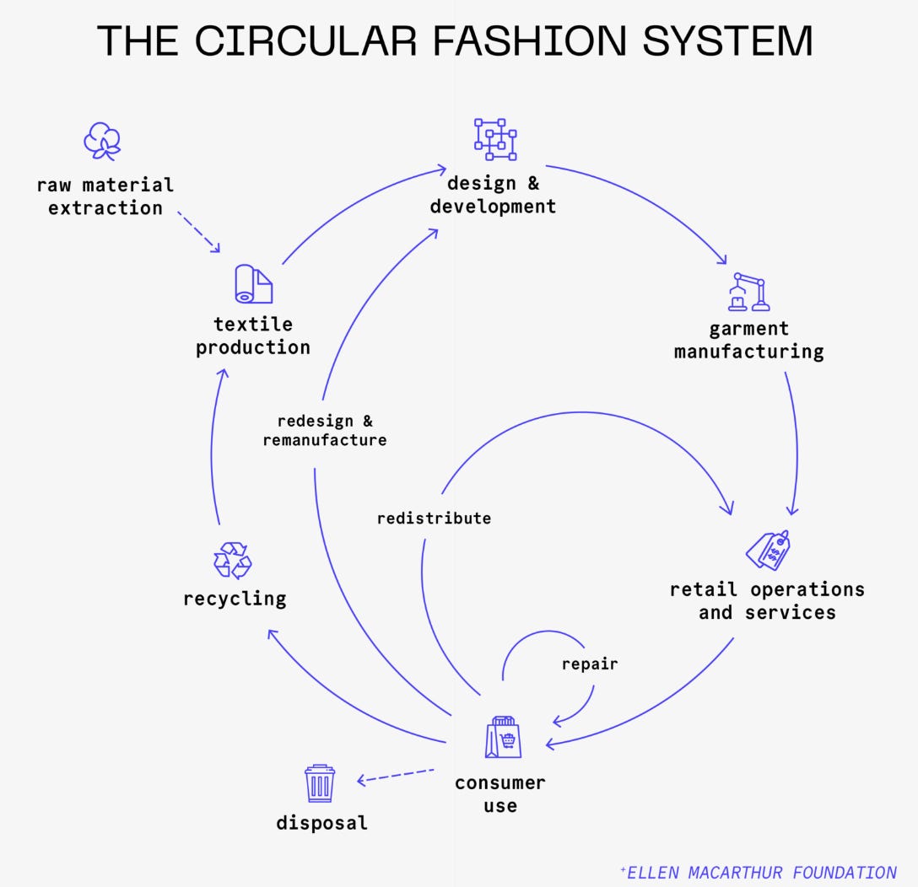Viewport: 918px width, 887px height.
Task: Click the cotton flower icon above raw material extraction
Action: point(102,142)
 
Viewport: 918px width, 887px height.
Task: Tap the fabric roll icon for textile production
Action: point(253,285)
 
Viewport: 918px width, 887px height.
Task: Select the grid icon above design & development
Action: point(494,139)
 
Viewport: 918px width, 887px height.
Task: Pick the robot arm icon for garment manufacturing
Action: point(748,292)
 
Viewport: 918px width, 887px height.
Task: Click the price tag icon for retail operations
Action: point(768,550)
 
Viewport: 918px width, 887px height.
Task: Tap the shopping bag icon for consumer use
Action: point(503,737)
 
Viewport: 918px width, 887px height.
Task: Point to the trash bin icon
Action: point(320,783)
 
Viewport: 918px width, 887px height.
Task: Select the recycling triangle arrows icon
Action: point(233,561)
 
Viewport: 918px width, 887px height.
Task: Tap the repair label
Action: point(590,664)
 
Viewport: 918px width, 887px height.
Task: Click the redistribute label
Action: point(434,518)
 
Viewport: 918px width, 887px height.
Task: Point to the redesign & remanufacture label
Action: point(325,431)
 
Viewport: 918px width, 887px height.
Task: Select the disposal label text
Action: point(321,823)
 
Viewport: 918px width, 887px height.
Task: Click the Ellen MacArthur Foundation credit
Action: point(757,872)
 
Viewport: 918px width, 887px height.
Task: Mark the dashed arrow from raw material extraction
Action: point(199,232)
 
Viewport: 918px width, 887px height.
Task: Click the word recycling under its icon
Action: point(235,599)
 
